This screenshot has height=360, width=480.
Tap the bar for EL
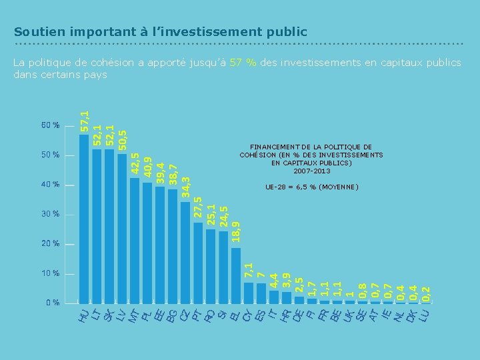pos(235,275)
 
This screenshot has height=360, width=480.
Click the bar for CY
pos(248,293)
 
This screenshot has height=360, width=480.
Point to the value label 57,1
pos(85,120)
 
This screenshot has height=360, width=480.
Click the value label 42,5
pos(135,165)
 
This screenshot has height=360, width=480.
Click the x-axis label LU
pos(424,315)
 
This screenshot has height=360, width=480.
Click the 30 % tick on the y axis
pos(51,214)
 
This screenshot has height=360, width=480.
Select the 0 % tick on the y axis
pos(53,303)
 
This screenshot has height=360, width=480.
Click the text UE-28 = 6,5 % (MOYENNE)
pos(311,187)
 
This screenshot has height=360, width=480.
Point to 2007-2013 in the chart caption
pos(311,171)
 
